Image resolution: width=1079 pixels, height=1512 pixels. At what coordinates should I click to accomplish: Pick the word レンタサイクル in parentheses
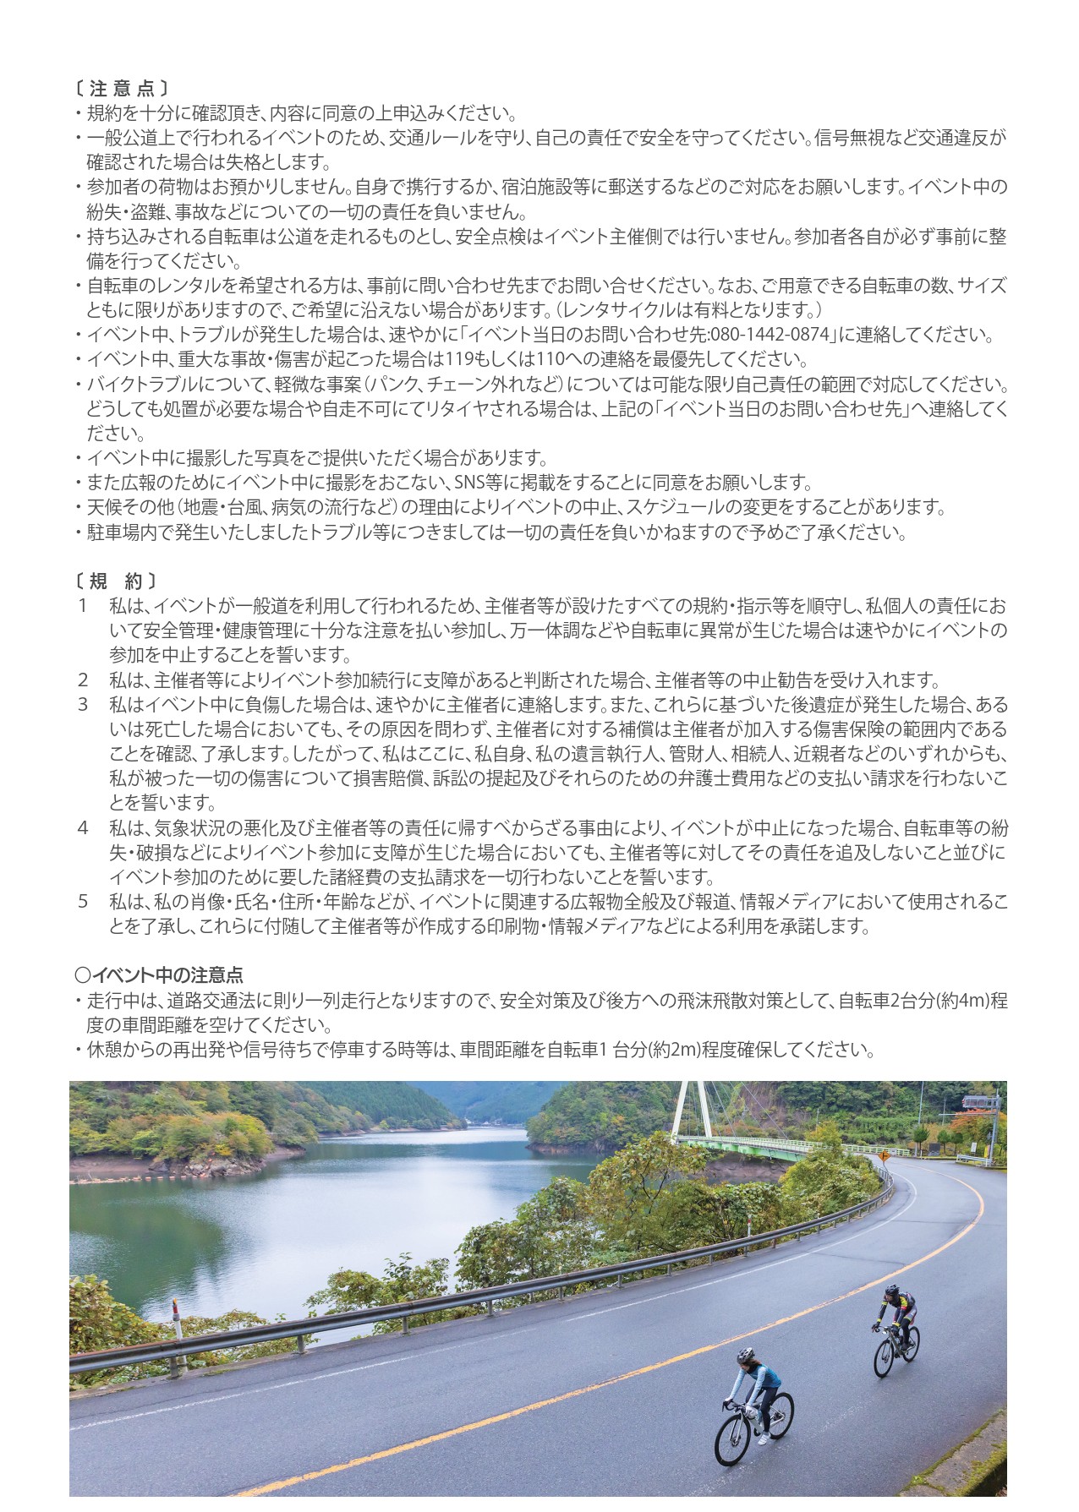630,310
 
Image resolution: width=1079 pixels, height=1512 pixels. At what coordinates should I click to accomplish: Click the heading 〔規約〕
116,581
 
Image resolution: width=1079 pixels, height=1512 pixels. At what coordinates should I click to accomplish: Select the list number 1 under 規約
82,606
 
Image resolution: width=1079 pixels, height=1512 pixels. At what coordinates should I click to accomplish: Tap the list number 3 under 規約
83,704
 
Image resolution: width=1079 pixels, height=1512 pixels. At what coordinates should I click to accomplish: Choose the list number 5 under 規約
83,901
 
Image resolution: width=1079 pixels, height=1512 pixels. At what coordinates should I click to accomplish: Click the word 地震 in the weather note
201,507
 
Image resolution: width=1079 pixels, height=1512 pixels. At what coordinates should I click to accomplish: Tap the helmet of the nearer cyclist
745,1354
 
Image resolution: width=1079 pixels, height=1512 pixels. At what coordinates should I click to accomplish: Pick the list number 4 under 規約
83,827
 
